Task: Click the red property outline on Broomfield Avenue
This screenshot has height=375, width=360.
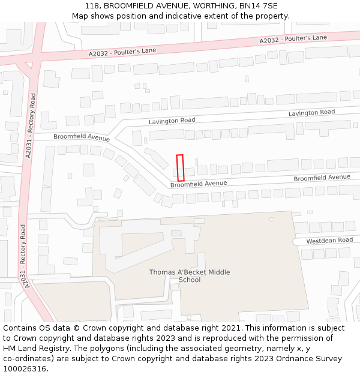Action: [180, 168]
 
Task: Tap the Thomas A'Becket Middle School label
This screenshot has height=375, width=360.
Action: [190, 276]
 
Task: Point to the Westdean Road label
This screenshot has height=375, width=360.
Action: [329, 241]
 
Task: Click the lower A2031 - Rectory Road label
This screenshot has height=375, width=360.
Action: [23, 254]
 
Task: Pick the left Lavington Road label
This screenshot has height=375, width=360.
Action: [172, 121]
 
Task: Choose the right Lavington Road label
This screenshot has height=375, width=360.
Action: [311, 113]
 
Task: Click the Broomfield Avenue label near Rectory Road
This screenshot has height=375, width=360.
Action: [82, 137]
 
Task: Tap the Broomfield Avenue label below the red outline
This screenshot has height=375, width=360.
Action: [199, 184]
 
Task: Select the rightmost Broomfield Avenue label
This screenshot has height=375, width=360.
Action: [322, 178]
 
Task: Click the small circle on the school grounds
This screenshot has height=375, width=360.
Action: [272, 220]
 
